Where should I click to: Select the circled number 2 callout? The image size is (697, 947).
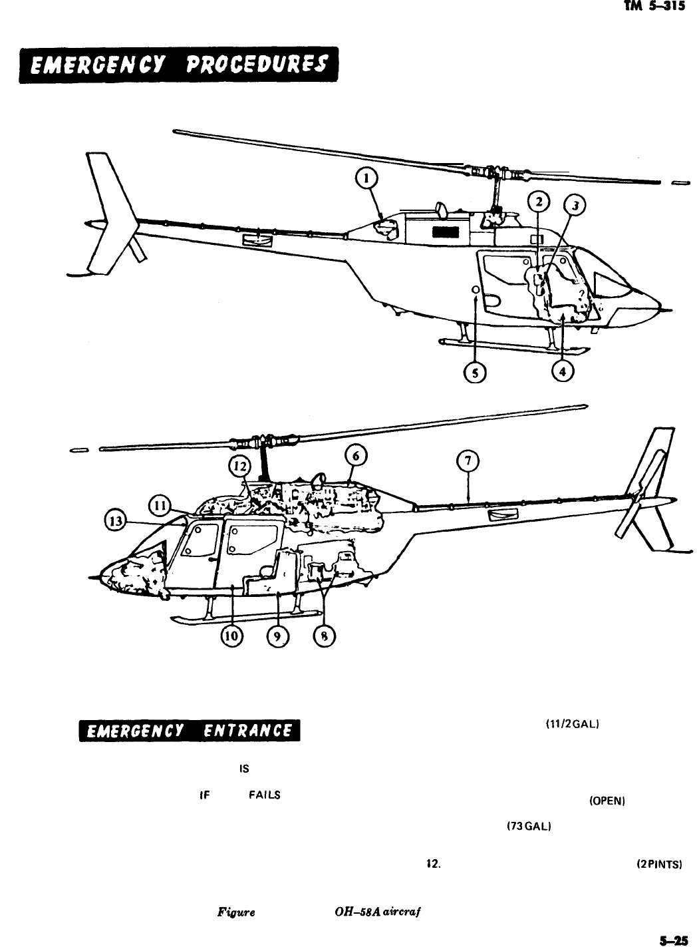click(x=539, y=201)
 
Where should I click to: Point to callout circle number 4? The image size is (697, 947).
click(x=563, y=371)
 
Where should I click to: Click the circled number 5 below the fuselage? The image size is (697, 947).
click(x=474, y=373)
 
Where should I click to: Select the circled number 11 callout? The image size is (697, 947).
click(x=160, y=504)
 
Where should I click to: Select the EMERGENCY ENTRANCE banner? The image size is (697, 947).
click(x=189, y=731)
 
